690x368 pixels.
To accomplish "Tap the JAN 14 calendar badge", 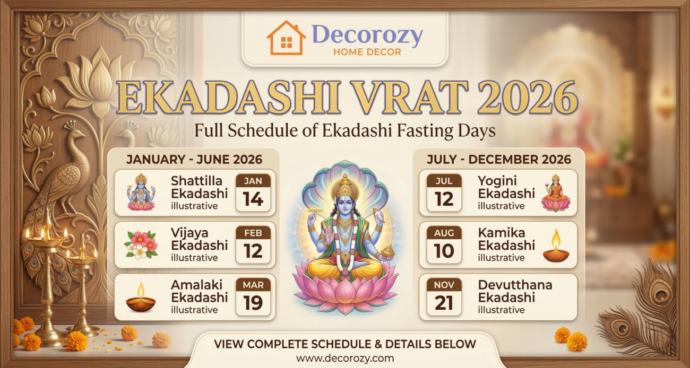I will pos(253,192).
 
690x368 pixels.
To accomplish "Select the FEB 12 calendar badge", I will pos(253,244).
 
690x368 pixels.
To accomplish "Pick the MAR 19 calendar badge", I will pos(253,296).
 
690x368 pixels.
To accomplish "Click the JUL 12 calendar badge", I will pos(444,192).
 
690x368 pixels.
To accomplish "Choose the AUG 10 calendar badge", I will pos(444,244).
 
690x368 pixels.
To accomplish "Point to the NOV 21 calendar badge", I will pos(444,296).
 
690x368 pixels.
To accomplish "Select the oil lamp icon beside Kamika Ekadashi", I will pos(555,246).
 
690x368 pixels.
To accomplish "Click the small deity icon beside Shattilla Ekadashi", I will pos(141,192).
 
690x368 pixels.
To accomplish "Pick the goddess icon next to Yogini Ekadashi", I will pos(555,193).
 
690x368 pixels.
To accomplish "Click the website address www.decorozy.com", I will pos(345,358).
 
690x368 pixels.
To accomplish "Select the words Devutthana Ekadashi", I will pos(515,291).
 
